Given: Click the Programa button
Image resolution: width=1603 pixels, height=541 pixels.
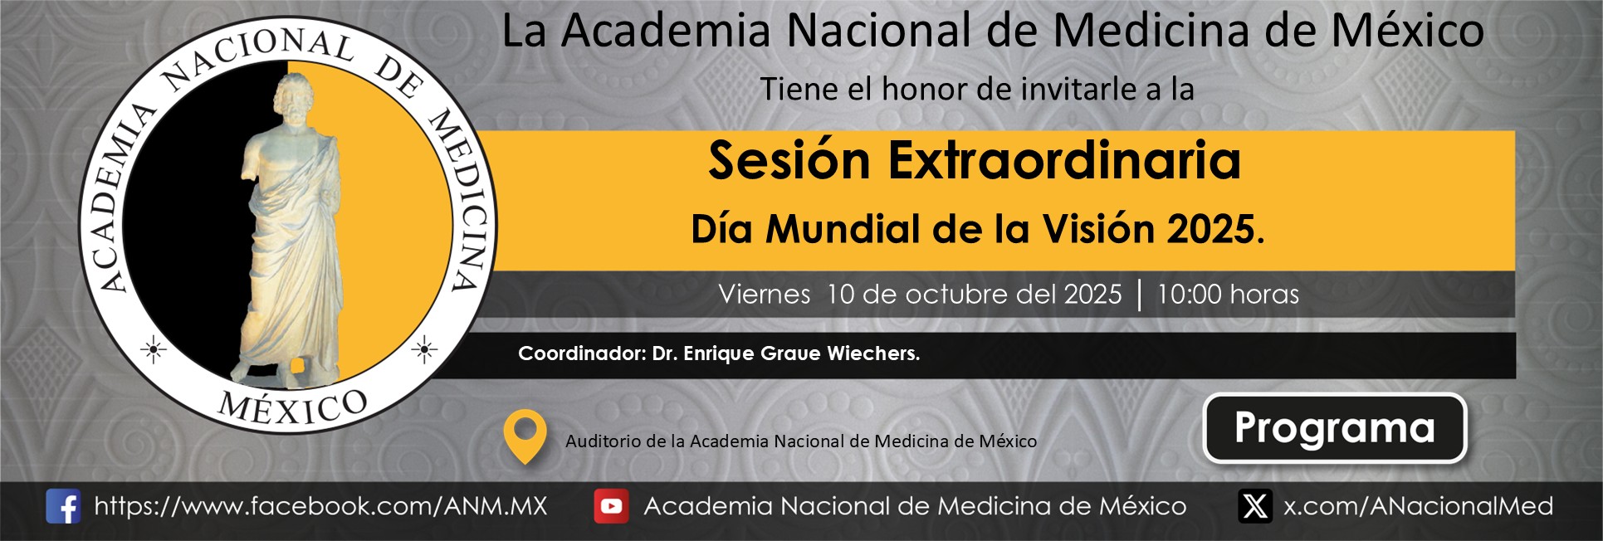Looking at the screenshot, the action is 1335,428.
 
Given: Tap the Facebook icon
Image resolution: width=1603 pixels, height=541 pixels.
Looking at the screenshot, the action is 63,506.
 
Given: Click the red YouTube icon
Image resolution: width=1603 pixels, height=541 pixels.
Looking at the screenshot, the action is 611,506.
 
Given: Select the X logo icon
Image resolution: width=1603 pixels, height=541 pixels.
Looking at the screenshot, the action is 1255,506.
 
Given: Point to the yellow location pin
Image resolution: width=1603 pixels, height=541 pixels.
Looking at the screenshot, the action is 525,436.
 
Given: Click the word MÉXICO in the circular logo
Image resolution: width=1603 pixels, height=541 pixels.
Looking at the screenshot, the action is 293,406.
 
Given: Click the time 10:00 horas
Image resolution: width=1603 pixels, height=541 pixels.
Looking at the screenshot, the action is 1228,294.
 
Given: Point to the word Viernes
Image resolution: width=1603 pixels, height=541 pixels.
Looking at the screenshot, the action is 765,294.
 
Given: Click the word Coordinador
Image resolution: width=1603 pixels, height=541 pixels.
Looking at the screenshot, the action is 582,353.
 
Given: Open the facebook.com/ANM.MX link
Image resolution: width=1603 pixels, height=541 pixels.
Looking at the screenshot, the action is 320,506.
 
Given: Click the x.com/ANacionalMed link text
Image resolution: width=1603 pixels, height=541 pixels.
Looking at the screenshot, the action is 1418,506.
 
